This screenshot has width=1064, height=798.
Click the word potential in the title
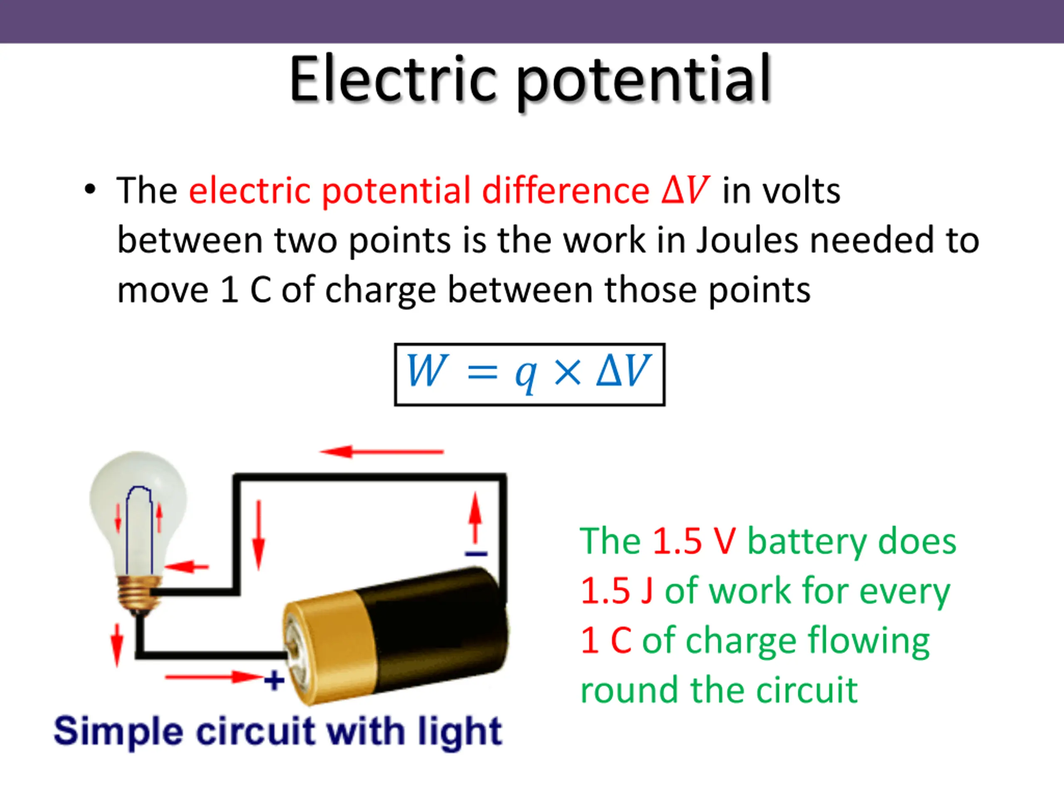645,82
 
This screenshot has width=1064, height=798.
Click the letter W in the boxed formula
427,370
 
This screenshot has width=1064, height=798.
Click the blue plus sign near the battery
274,680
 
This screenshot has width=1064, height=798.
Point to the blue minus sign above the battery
476,554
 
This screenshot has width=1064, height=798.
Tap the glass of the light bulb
138,510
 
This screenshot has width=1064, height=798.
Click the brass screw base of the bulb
138,593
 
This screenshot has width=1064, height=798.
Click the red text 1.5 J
617,591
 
